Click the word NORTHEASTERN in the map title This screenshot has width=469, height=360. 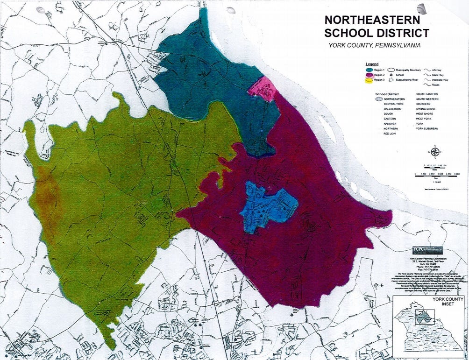click(373, 21)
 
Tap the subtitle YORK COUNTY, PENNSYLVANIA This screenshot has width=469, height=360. click(375, 45)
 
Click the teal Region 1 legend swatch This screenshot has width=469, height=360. click(369, 70)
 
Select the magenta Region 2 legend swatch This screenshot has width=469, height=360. click(369, 75)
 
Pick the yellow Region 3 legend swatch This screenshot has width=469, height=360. click(369, 80)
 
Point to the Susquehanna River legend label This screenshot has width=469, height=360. click(410, 80)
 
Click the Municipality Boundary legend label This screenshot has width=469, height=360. click(410, 70)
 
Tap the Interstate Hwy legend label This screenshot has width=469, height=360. click(439, 80)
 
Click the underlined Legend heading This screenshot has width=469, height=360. click(372, 64)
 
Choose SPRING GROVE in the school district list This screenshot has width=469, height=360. click(426, 110)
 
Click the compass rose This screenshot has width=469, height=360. click(434, 151)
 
